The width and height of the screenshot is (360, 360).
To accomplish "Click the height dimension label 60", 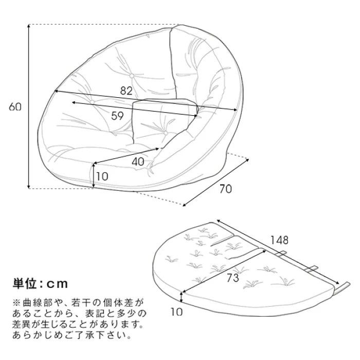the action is (15, 106).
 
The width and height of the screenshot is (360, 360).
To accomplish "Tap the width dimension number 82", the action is (127, 91).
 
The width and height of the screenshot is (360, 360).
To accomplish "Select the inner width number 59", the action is (117, 116).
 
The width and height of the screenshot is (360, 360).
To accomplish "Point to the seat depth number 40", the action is (138, 162).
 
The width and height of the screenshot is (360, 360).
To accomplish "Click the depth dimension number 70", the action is (226, 189).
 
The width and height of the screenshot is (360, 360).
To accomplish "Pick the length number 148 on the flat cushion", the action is (279, 240).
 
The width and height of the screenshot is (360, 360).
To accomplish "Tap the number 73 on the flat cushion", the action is (233, 278).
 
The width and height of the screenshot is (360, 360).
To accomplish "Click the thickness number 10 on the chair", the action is (102, 176).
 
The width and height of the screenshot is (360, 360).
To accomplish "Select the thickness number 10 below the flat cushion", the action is (176, 312).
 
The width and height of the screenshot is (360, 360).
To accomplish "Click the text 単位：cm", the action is (41, 284).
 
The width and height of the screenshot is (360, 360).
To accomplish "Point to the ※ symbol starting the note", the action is (17, 303).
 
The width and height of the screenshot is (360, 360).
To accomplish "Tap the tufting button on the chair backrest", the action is (132, 76).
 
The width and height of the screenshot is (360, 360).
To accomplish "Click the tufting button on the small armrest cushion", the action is (166, 133).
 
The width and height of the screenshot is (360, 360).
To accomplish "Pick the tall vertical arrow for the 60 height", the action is (29, 106).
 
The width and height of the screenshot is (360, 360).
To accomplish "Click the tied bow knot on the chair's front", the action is (150, 169).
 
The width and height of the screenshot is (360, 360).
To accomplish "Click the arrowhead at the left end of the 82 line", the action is (56, 92).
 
